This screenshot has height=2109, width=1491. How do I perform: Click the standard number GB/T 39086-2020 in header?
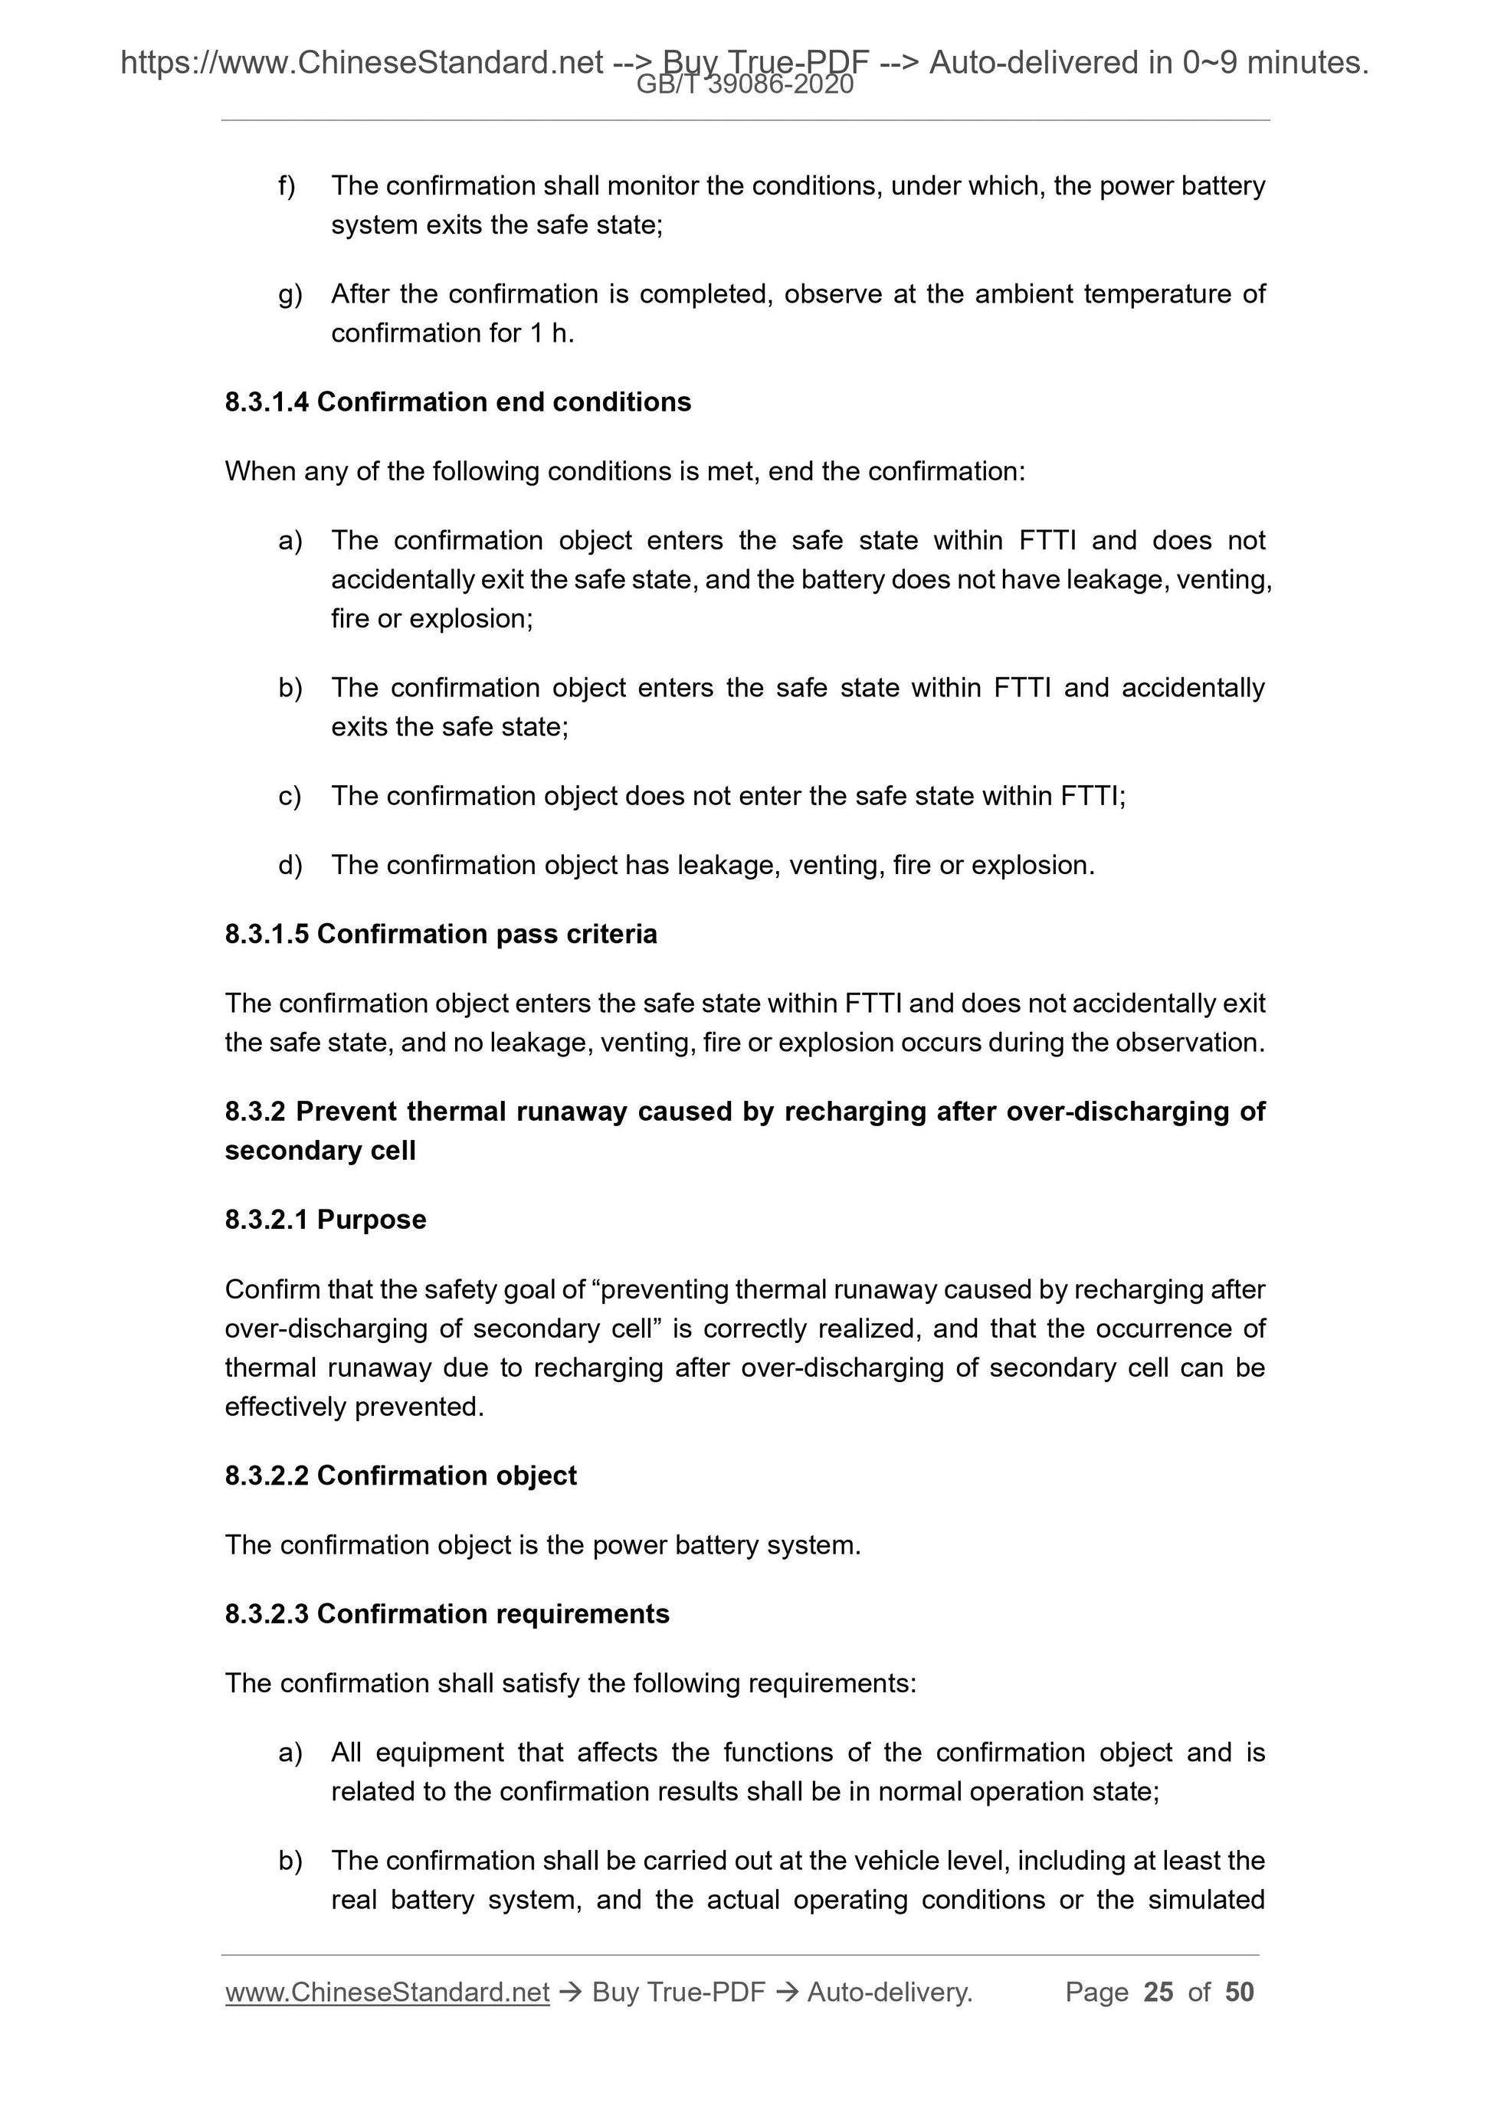744,86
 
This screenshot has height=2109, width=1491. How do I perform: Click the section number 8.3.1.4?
267,402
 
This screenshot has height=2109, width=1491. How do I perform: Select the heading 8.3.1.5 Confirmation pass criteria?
441,934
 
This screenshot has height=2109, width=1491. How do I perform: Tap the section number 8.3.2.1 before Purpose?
267,1220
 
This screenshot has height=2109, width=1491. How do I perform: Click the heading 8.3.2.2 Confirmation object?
401,1476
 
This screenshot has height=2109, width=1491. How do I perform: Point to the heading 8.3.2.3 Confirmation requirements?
447,1614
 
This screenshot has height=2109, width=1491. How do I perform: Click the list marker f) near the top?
287,186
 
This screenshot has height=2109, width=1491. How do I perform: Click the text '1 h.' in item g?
551,333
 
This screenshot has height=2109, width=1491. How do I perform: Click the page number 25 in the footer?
1158,1992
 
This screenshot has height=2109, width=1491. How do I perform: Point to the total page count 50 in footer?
1239,1992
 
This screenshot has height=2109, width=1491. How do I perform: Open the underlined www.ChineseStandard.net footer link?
387,1993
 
